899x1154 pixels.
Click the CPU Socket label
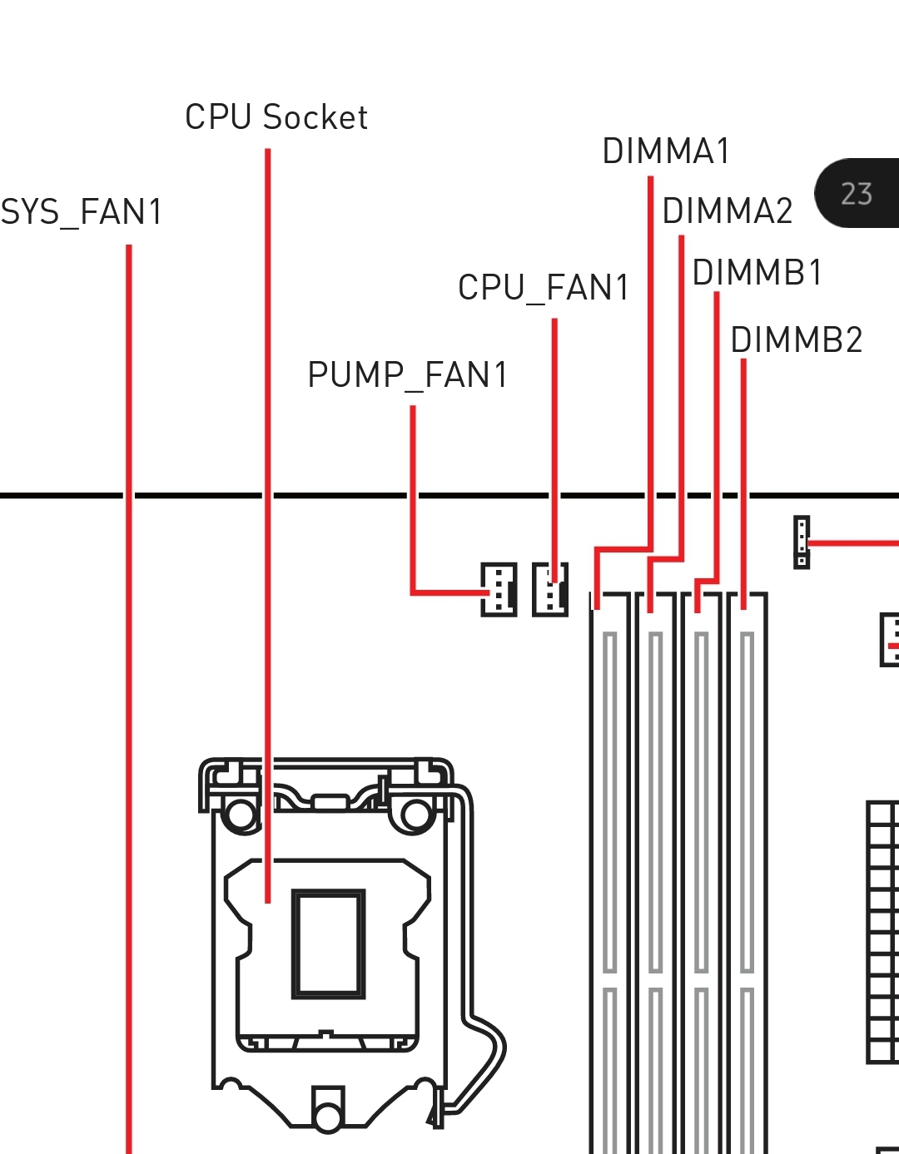[276, 117]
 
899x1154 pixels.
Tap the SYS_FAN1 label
[82, 212]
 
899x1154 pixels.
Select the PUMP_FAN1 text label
[408, 375]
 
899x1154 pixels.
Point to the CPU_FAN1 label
[544, 288]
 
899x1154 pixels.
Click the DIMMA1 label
[666, 151]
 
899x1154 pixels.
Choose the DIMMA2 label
[728, 211]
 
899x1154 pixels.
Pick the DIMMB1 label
[757, 273]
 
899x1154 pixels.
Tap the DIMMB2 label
[797, 340]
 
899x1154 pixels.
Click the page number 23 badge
[857, 193]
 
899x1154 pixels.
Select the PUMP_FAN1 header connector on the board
[499, 589]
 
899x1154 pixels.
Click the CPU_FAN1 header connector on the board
[550, 589]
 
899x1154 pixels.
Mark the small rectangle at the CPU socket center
[328, 944]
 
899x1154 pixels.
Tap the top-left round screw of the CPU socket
[241, 815]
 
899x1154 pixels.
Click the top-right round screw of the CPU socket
[415, 815]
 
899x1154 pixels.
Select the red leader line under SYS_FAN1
[129, 666]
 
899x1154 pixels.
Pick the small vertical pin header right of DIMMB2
[802, 542]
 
